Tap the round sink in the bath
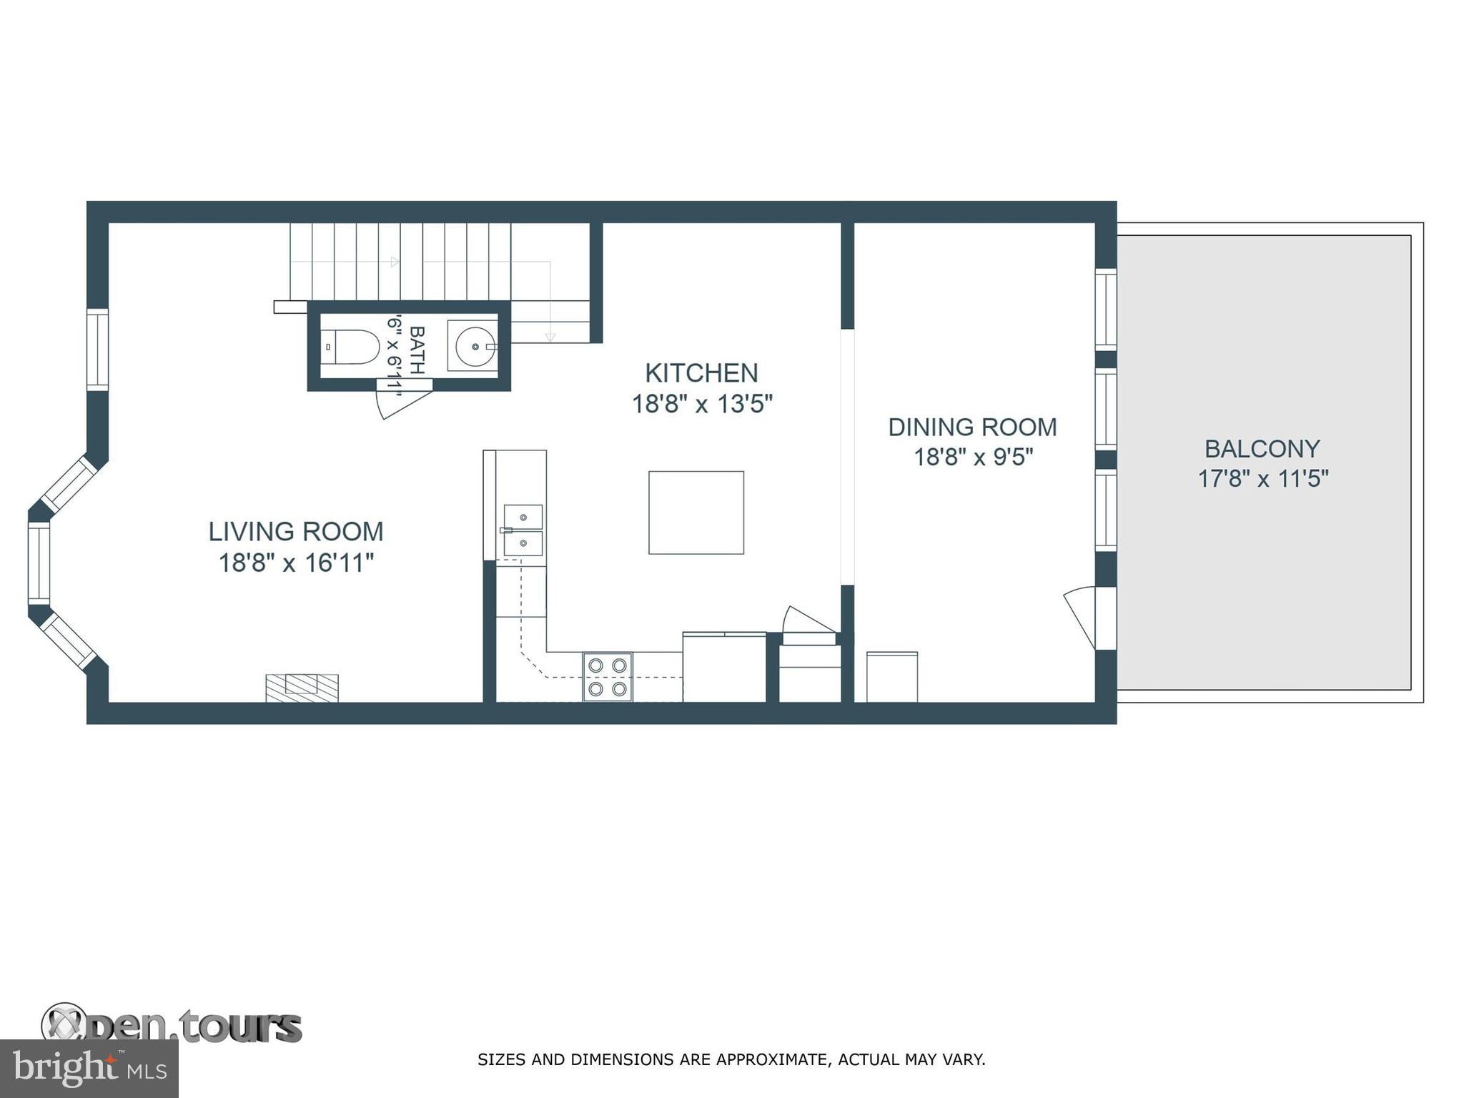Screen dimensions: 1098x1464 click(x=474, y=347)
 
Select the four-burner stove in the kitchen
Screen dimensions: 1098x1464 click(x=608, y=676)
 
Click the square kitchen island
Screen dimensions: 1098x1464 click(x=696, y=512)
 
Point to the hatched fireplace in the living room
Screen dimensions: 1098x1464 click(x=302, y=688)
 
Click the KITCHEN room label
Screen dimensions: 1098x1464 click(x=701, y=373)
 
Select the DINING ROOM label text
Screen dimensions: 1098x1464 click(x=972, y=427)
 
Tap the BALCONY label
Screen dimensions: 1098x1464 click(x=1262, y=449)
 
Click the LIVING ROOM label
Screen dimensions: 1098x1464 click(x=296, y=532)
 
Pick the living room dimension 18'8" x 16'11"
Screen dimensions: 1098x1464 click(x=296, y=563)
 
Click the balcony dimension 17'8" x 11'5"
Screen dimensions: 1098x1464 click(x=1262, y=478)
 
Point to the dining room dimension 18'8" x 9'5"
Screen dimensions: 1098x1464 click(x=973, y=457)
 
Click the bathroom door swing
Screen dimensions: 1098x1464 click(x=400, y=400)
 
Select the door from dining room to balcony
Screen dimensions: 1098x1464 click(x=1083, y=617)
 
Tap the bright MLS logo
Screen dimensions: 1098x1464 click(x=89, y=1069)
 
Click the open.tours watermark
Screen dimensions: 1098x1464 click(x=172, y=1027)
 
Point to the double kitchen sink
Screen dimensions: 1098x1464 click(x=523, y=530)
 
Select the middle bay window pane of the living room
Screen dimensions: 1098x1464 click(x=39, y=563)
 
